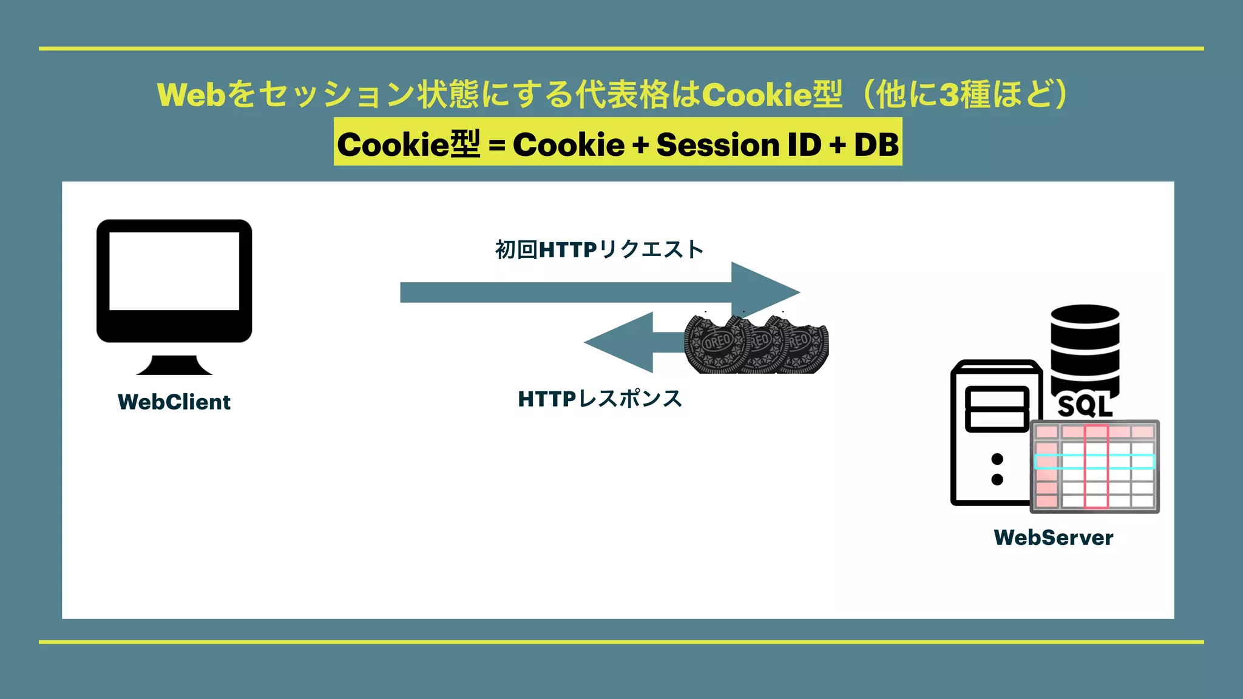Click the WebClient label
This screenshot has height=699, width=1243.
pos(174,402)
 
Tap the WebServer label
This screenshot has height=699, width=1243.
pos(1053,538)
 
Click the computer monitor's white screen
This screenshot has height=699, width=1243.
pos(174,271)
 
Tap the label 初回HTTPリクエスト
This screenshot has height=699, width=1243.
pos(599,249)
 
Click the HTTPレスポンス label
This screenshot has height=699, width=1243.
pos(600,399)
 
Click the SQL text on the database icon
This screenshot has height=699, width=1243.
pos(1085,406)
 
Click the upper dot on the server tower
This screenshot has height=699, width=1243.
pos(997,459)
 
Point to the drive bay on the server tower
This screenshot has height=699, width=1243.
pos(997,409)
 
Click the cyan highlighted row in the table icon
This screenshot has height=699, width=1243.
pos(1094,462)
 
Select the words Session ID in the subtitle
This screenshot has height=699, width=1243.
pos(739,145)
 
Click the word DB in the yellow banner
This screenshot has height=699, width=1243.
pos(876,145)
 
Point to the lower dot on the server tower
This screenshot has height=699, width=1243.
pos(997,479)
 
